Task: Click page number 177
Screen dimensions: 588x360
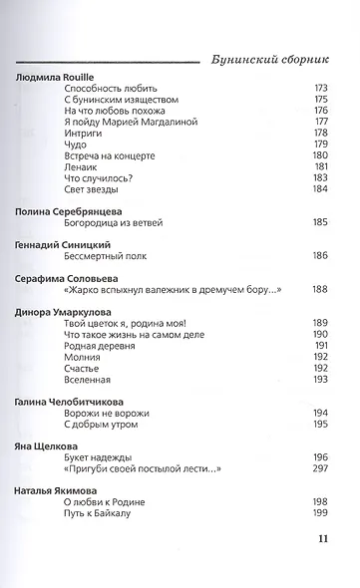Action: point(321,122)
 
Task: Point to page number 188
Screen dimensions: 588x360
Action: point(321,290)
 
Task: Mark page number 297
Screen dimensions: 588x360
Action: point(321,469)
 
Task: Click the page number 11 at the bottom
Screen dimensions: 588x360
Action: point(322,539)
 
